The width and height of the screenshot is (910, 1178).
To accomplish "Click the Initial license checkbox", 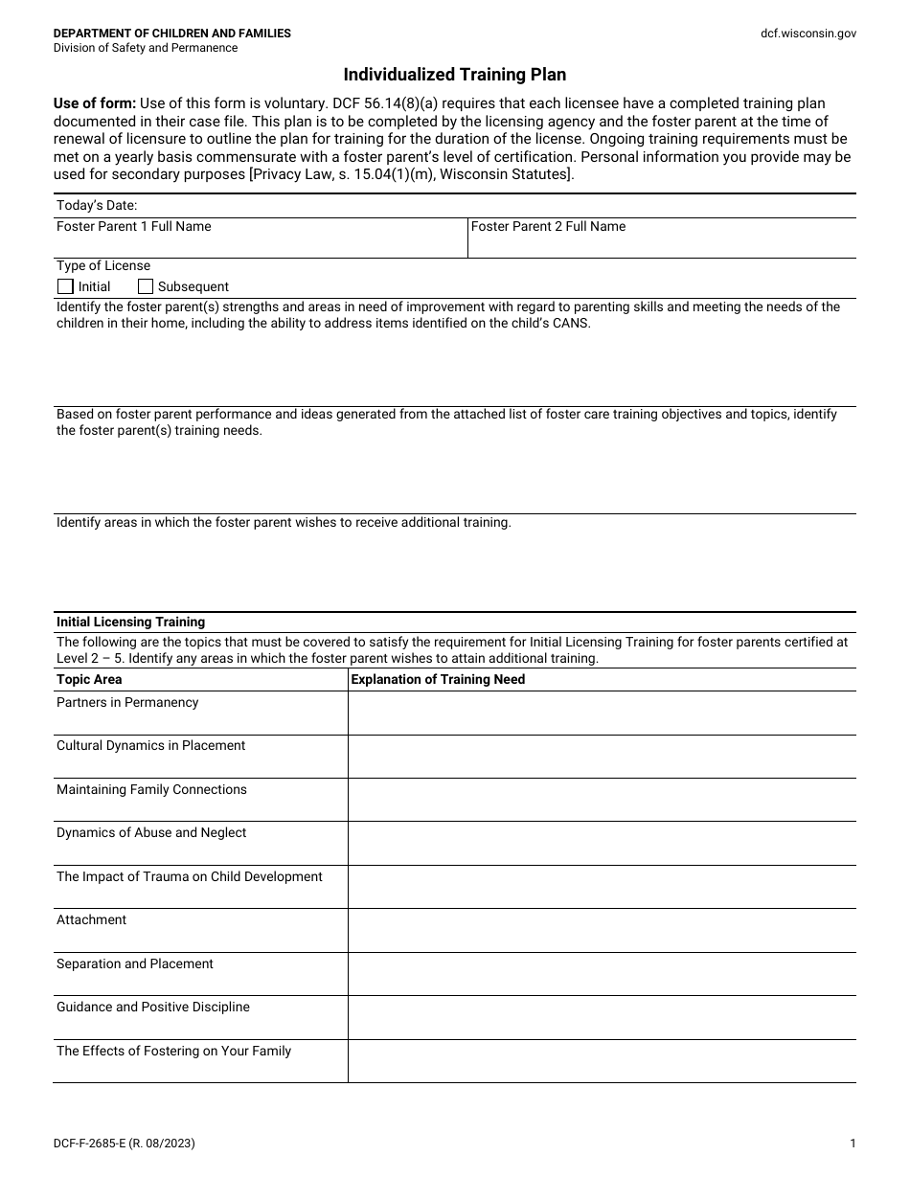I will click(65, 286).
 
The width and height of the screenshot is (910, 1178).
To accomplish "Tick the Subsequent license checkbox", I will click(146, 286).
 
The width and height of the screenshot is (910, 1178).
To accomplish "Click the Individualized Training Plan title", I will click(455, 75).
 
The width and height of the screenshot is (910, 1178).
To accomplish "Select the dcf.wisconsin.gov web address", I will click(808, 34).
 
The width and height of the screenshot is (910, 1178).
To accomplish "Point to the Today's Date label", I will click(97, 205).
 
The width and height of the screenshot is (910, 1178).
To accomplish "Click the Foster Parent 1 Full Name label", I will click(134, 227).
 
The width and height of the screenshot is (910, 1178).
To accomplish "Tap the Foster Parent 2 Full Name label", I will click(548, 227).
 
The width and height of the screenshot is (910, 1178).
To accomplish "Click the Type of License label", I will click(103, 266).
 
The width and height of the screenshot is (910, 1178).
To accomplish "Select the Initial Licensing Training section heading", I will click(130, 623).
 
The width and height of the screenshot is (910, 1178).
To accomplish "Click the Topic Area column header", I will click(89, 680).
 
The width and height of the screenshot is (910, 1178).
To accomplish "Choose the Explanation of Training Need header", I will click(439, 680).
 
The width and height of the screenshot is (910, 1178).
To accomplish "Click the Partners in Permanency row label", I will click(127, 703).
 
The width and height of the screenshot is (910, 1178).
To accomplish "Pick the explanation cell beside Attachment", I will click(602, 930).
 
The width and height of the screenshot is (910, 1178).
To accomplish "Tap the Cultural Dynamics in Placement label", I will click(151, 746).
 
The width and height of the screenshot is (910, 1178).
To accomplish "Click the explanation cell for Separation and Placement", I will click(602, 974).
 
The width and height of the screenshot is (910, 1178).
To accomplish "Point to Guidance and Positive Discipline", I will click(153, 1008).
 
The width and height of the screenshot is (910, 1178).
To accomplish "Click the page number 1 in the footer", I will click(853, 1144).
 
